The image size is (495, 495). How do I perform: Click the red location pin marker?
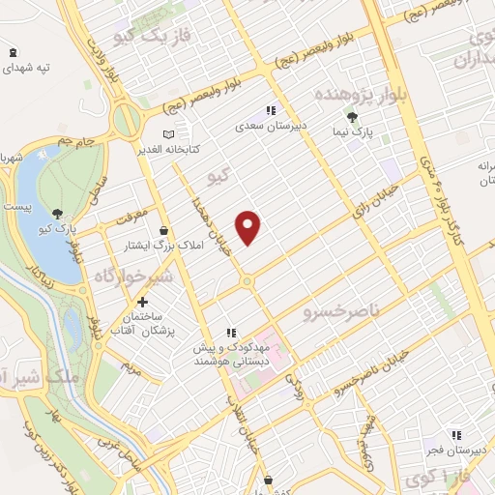(249, 226)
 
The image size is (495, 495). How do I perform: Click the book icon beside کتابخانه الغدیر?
(169, 134)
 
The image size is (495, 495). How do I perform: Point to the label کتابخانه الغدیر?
(193, 150)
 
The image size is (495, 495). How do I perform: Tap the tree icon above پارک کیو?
(59, 214)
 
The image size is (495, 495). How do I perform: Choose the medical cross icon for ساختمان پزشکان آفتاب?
(142, 302)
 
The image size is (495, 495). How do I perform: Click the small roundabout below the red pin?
(247, 281)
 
